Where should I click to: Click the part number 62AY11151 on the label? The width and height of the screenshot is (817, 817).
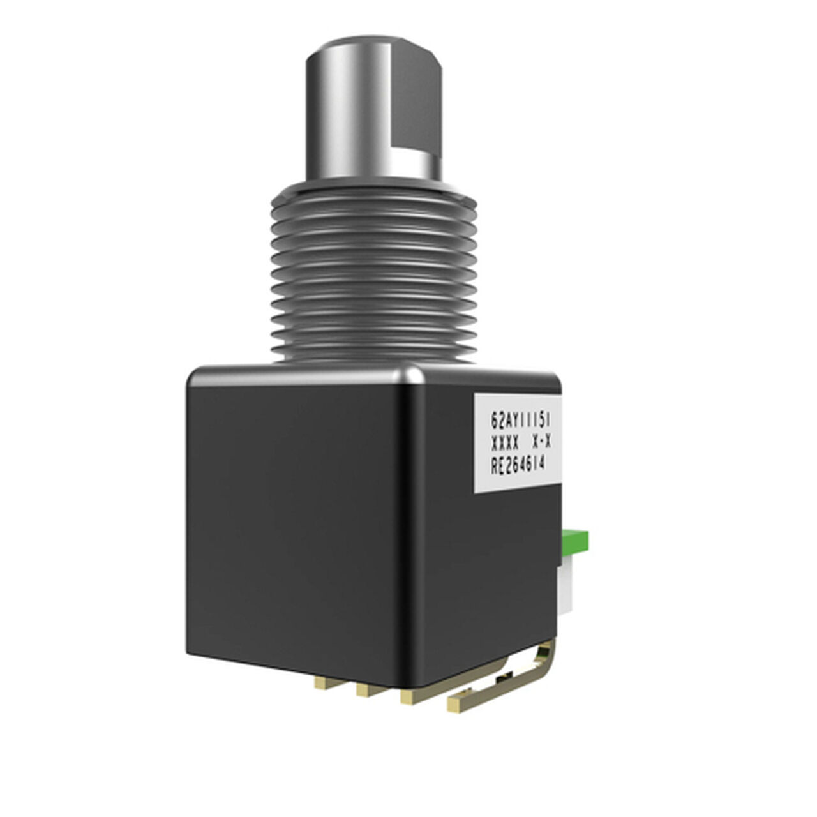coord(520,420)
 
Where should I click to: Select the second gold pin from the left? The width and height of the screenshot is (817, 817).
coord(365,691)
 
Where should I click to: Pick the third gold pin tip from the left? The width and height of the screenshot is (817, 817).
coord(410,698)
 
